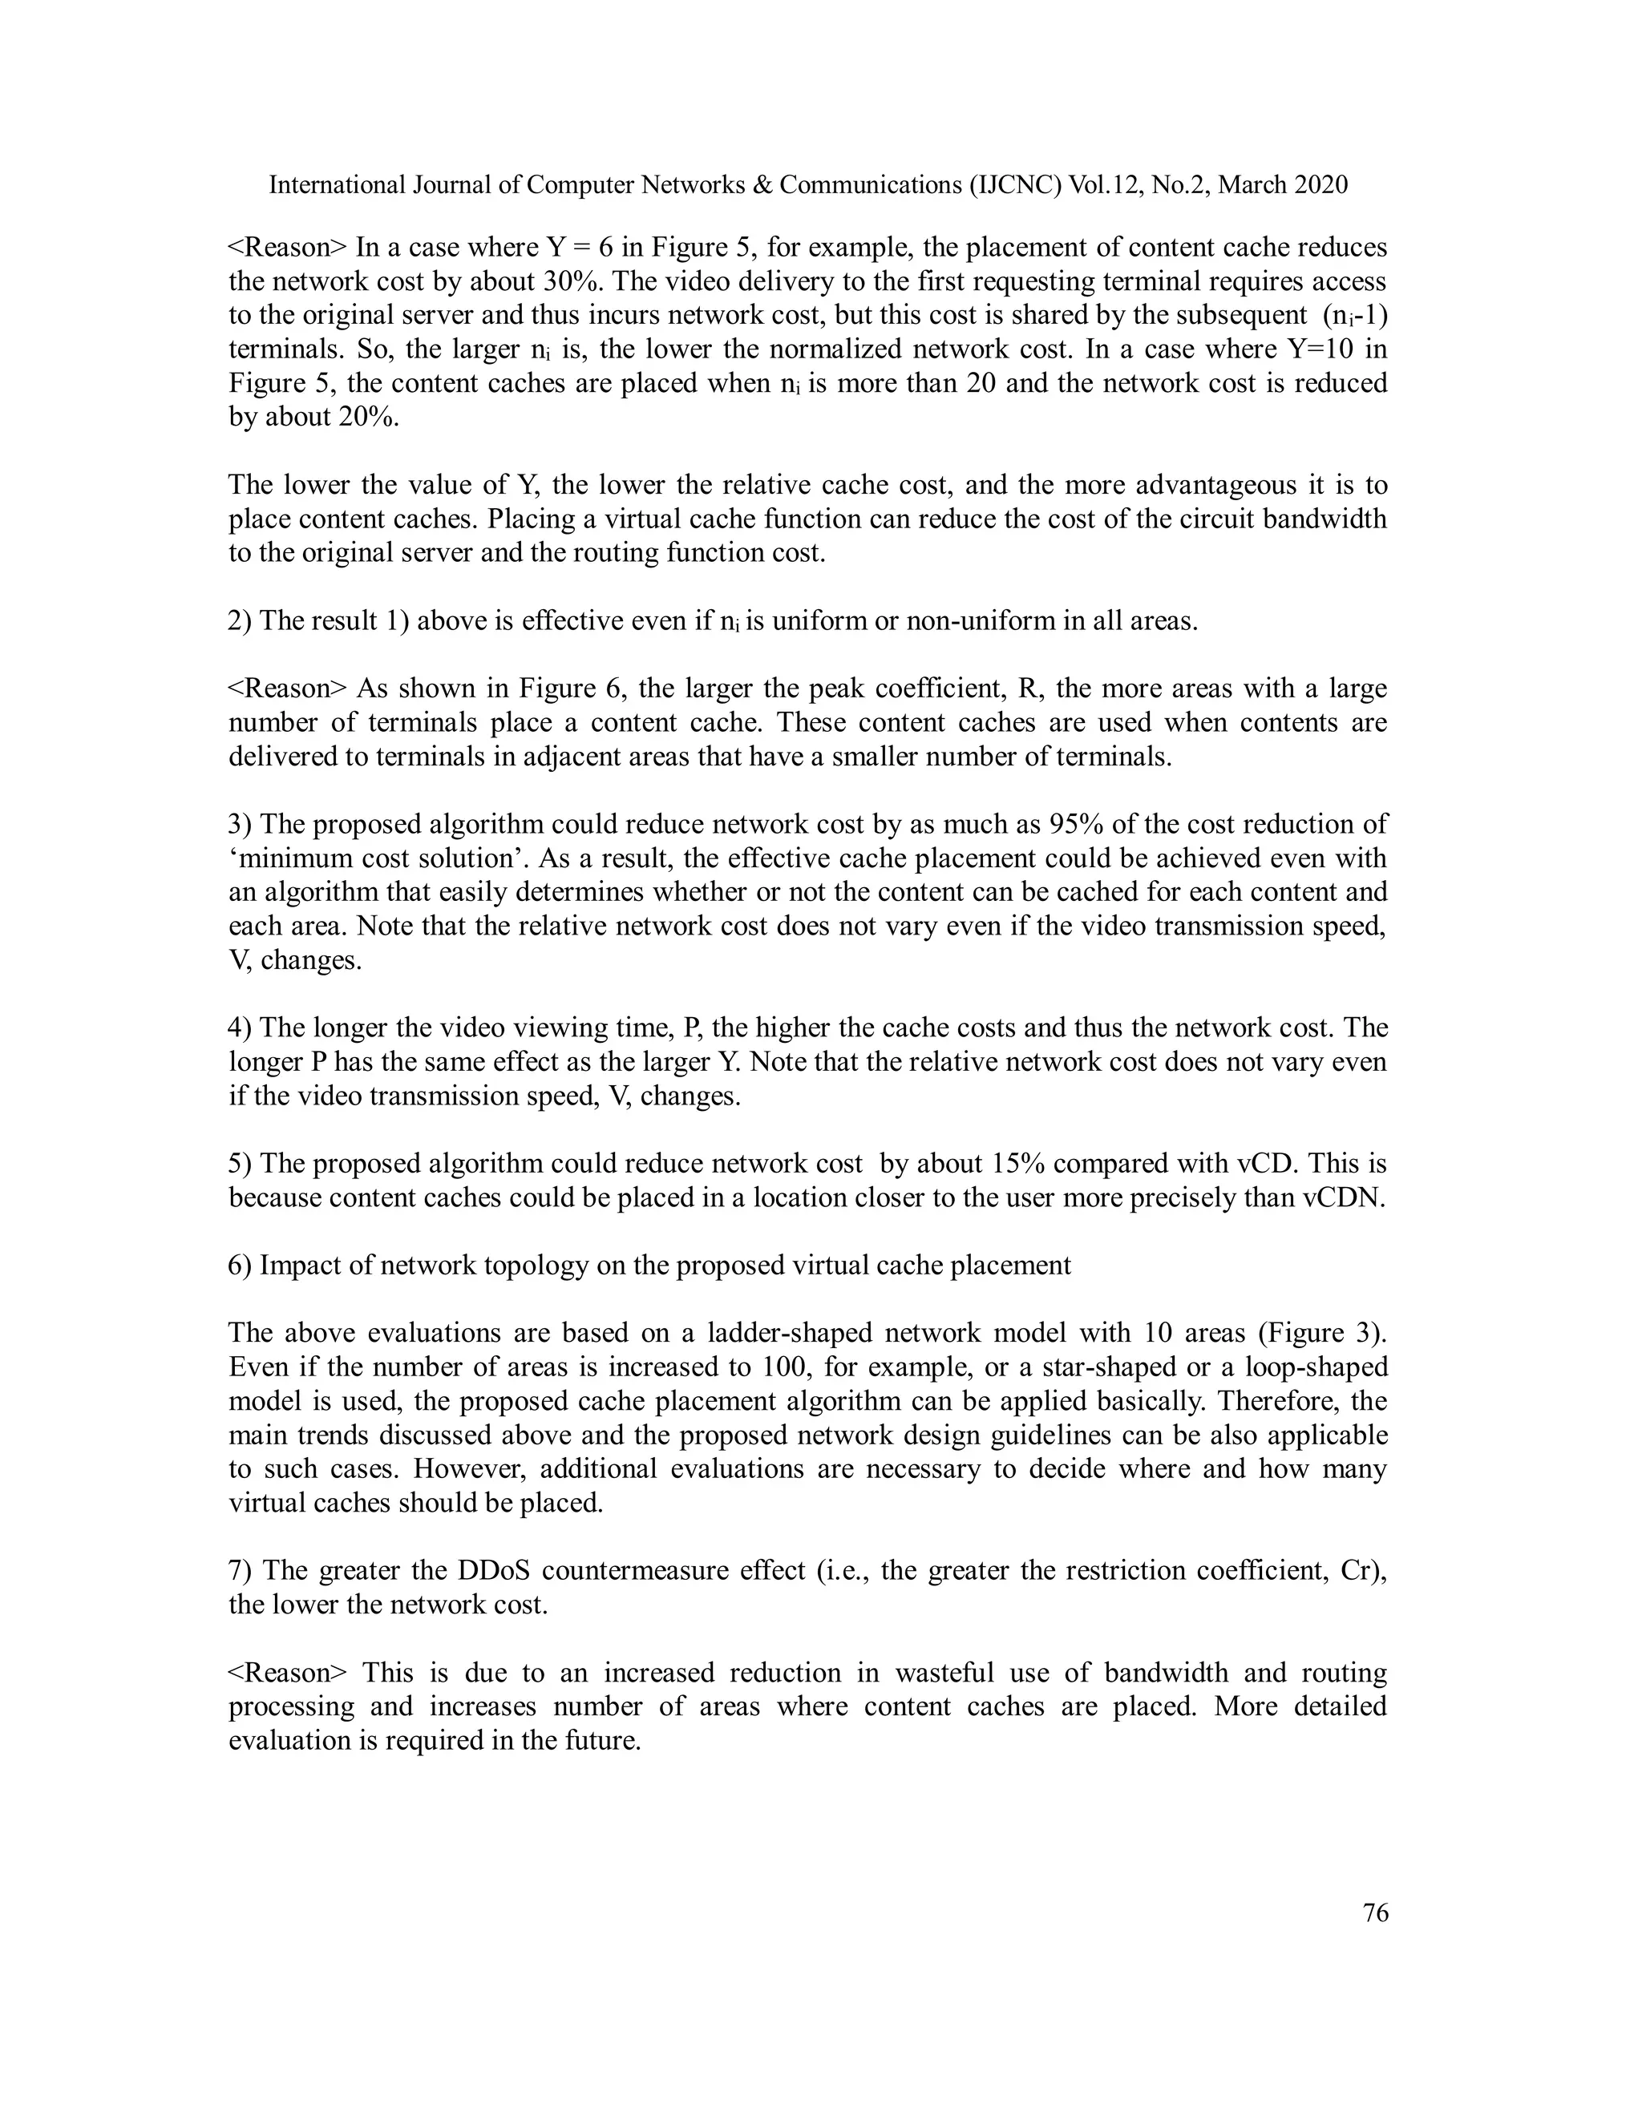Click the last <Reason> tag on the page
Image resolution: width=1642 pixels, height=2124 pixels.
(x=287, y=1673)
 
